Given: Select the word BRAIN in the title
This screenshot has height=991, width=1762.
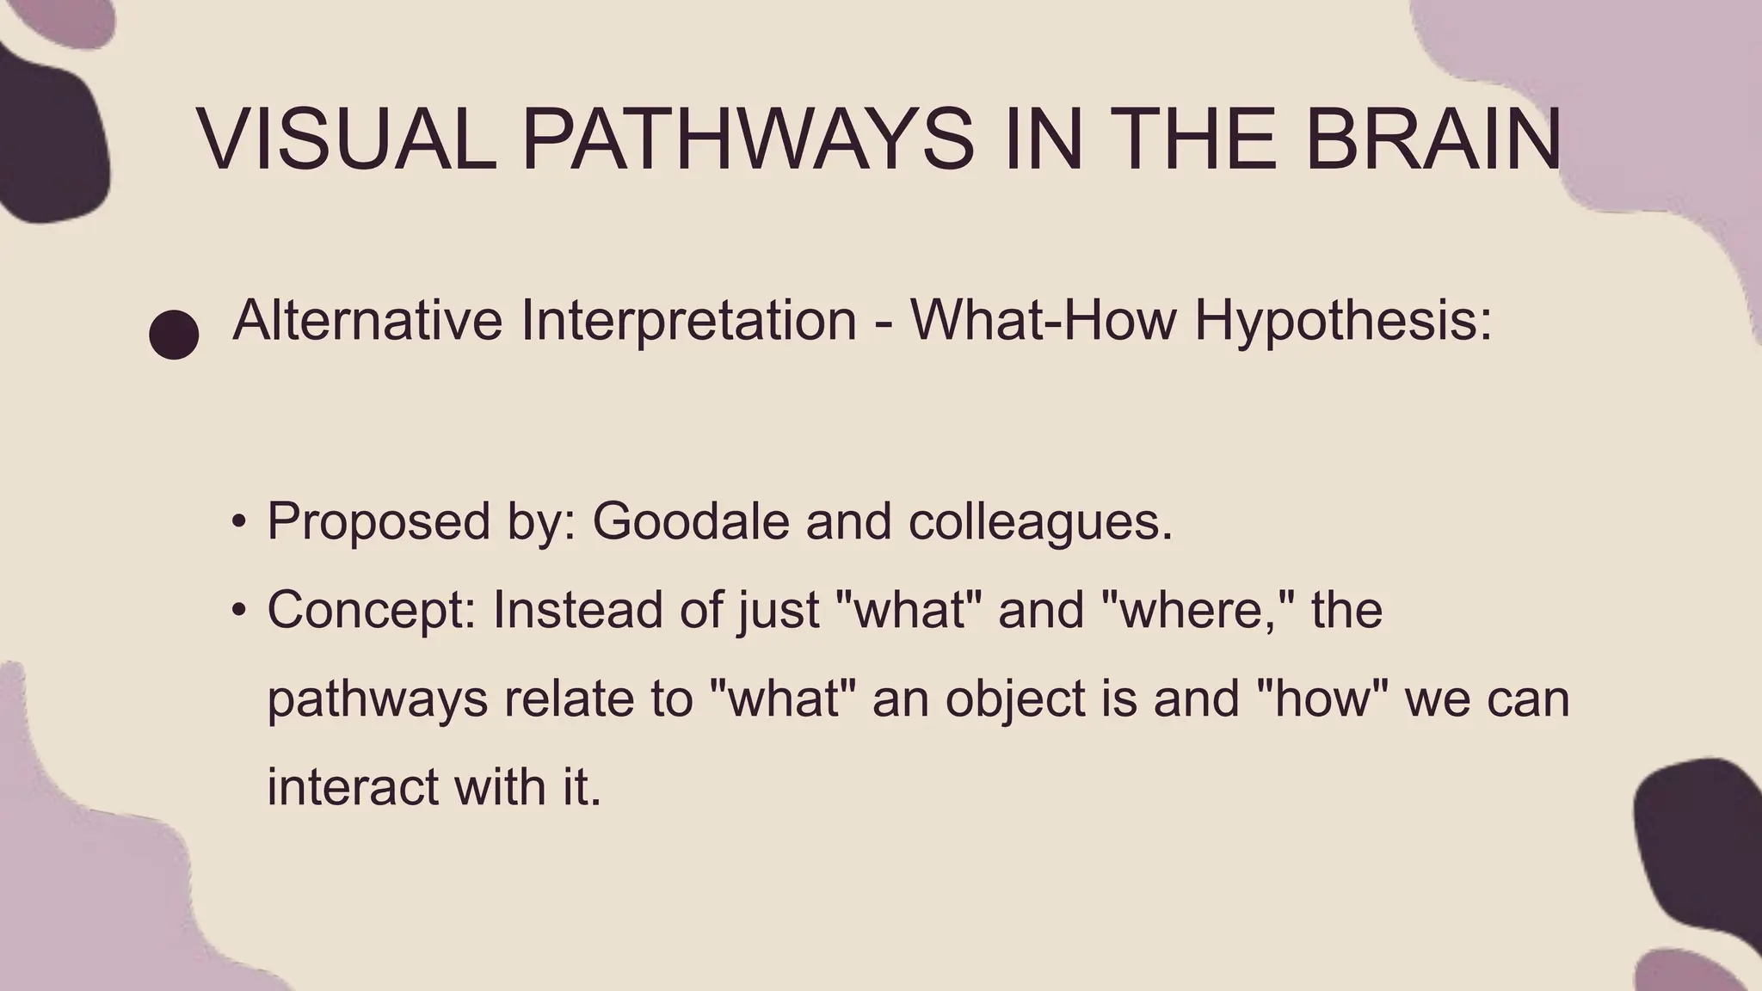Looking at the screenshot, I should (1432, 139).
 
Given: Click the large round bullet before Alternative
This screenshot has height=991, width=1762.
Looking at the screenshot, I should (174, 334).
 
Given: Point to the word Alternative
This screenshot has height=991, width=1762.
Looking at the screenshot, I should (367, 320).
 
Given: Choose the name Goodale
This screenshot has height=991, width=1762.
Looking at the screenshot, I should (690, 521).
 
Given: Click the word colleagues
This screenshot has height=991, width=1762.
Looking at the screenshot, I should (1039, 521).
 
